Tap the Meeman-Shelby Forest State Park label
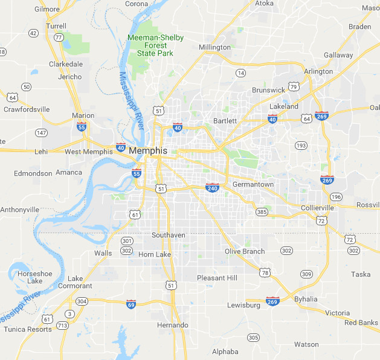155,46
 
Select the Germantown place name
253,184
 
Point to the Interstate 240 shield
212,188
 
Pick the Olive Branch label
245,251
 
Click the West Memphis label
89,152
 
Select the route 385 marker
262,211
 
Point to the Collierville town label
317,208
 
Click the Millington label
214,47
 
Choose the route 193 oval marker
301,146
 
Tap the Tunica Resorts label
28,329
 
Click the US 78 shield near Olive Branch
265,273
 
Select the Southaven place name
169,235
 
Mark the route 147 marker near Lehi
41,132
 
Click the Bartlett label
225,121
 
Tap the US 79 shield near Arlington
294,86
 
